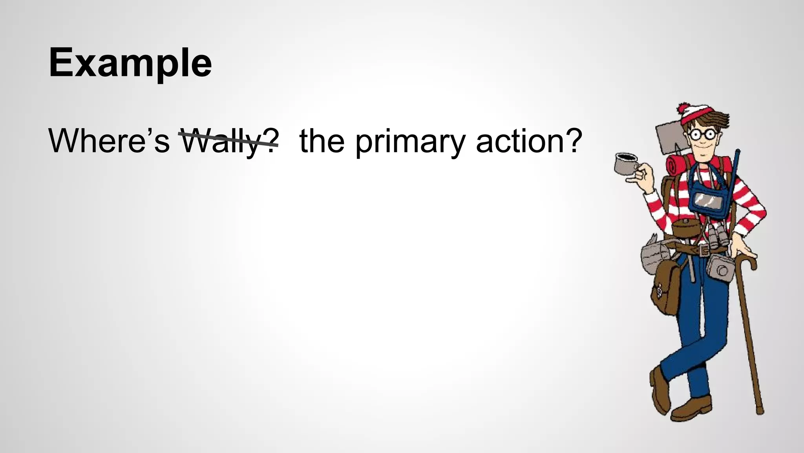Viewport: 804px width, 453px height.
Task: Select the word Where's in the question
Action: tap(109, 141)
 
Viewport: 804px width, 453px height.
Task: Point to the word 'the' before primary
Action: tap(322, 141)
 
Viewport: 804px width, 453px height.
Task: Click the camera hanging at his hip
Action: tap(720, 267)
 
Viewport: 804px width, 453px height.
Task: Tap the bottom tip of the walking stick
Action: tap(760, 411)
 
